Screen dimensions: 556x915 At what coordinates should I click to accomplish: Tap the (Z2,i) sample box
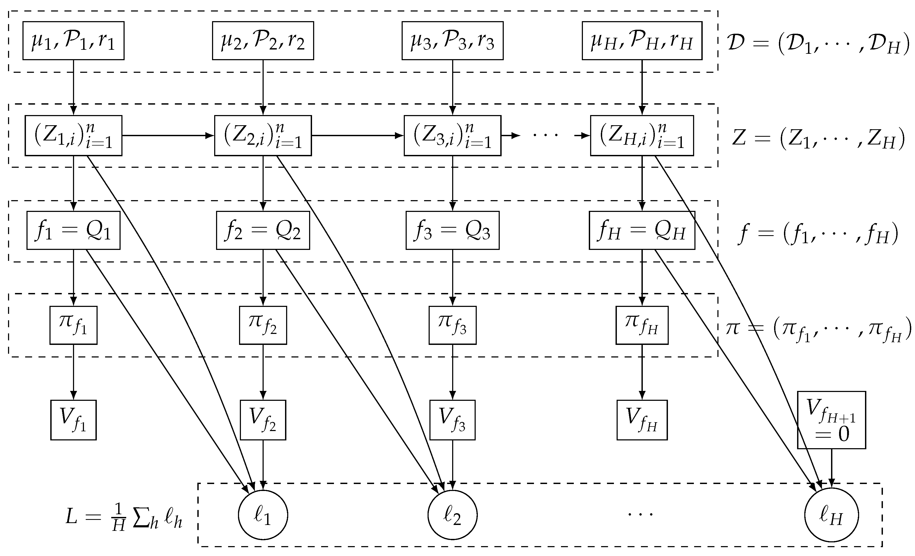[x=263, y=136]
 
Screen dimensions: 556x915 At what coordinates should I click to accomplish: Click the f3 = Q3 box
[x=452, y=230]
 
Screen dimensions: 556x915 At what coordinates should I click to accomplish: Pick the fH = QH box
[x=642, y=230]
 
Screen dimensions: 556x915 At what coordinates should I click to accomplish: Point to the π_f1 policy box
[x=73, y=325]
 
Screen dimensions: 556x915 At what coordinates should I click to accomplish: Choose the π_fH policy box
[x=642, y=325]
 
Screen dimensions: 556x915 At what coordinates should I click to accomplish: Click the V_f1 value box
[x=73, y=420]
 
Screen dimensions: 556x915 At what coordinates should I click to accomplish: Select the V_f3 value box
[x=452, y=420]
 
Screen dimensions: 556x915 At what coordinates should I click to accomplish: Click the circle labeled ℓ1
[x=263, y=515]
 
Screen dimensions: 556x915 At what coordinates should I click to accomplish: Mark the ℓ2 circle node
[x=452, y=515]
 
